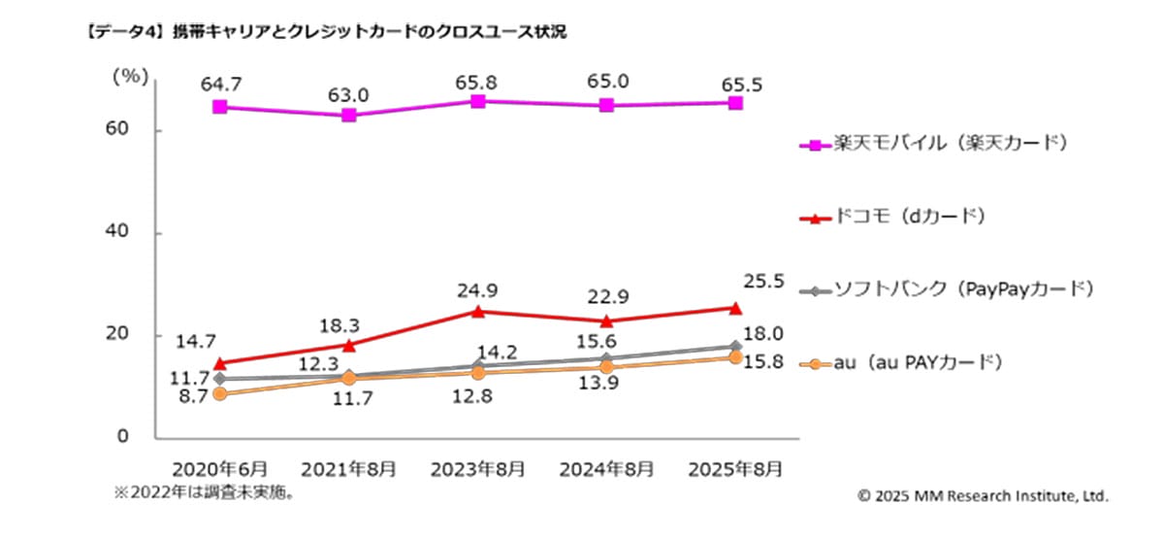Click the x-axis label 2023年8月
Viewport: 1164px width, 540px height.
point(477,468)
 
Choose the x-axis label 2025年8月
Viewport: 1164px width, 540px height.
point(734,468)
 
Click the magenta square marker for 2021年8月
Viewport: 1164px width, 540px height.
point(348,116)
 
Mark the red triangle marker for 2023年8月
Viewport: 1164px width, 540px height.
point(477,311)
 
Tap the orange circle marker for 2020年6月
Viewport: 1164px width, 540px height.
point(220,393)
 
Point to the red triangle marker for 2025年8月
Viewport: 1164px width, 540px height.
point(735,308)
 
